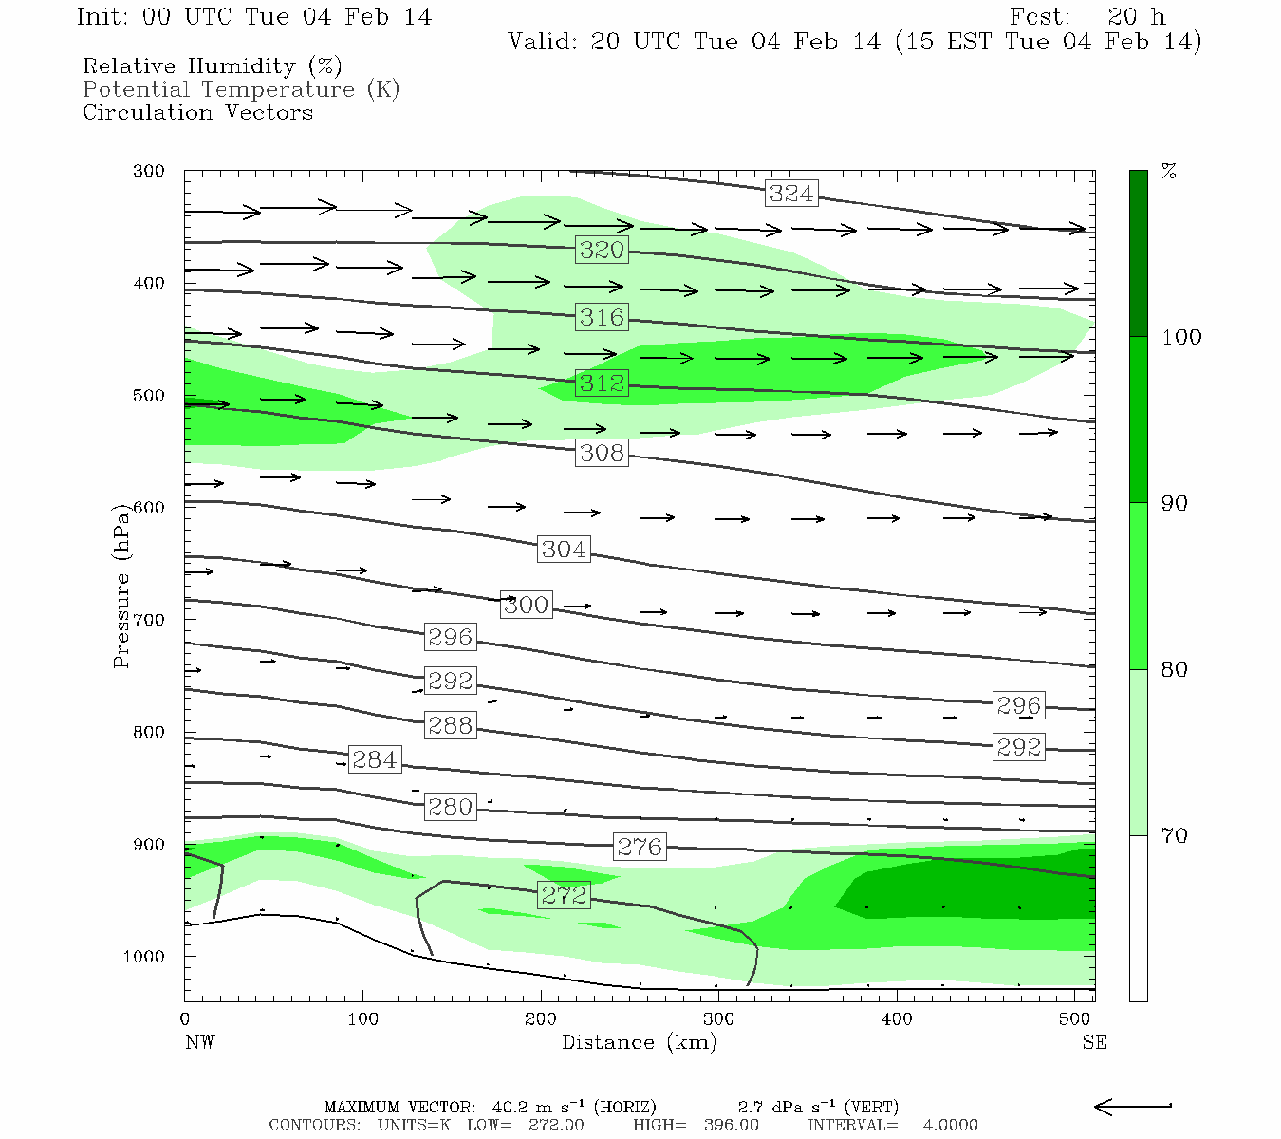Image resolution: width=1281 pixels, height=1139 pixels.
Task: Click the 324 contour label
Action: (791, 194)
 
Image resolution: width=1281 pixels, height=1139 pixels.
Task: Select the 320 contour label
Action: (602, 250)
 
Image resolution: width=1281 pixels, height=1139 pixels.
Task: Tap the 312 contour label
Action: (602, 383)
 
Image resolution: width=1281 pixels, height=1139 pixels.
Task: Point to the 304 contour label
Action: (564, 550)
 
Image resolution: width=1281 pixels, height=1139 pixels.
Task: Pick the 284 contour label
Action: (374, 760)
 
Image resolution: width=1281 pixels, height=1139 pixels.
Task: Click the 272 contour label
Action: (564, 895)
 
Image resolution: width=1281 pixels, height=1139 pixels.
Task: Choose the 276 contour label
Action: (640, 847)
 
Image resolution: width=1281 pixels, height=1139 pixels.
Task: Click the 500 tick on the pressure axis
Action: (149, 396)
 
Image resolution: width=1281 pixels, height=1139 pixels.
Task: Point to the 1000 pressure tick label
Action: (144, 957)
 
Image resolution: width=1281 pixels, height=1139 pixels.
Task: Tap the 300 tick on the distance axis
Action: (718, 1019)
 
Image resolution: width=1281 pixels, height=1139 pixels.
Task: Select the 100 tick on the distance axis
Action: (362, 1019)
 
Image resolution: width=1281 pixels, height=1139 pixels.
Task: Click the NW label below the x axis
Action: (199, 1042)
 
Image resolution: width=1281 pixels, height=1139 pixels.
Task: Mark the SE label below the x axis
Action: (1094, 1042)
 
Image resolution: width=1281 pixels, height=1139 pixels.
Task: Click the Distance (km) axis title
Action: (639, 1042)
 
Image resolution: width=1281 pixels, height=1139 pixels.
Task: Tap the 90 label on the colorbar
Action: (1175, 503)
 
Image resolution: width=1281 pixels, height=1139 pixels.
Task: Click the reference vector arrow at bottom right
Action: (1133, 1106)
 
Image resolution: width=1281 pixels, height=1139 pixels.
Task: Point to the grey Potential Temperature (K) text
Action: (241, 89)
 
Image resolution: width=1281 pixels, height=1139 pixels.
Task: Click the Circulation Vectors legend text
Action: (197, 112)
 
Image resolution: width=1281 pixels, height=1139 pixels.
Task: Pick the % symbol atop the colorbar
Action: (1169, 172)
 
